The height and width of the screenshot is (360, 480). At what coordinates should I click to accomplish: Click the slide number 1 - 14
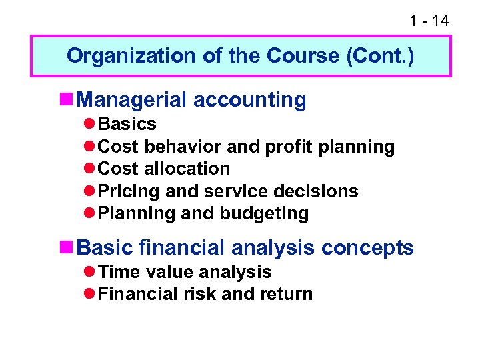click(x=429, y=21)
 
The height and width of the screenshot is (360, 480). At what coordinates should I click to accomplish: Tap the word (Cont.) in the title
click(x=379, y=55)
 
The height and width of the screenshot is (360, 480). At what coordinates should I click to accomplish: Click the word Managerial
click(x=133, y=100)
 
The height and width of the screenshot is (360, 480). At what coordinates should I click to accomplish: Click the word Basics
click(x=127, y=124)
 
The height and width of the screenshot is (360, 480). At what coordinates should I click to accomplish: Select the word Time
click(x=117, y=272)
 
